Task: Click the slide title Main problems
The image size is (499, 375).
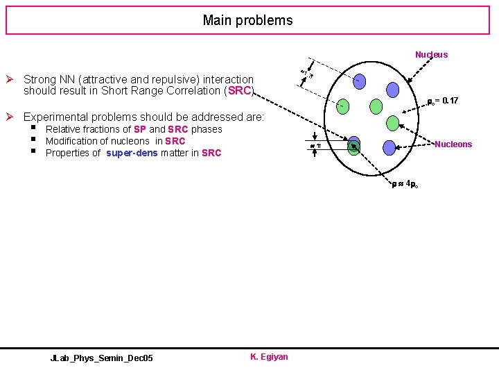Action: [x=247, y=20]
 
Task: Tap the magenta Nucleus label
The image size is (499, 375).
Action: [x=431, y=54]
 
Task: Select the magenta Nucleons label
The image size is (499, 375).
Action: [x=453, y=144]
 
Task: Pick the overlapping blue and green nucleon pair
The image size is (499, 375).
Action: [x=353, y=146]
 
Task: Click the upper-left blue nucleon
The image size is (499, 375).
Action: [x=359, y=81]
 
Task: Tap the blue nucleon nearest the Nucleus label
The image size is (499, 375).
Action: [x=392, y=90]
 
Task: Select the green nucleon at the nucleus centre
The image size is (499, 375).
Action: [x=376, y=106]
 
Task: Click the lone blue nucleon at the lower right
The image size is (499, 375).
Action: [x=389, y=147]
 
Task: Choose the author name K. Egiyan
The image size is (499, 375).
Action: [x=269, y=357]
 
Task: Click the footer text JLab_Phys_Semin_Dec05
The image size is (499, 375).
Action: [x=102, y=358]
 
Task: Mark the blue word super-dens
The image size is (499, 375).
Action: [x=132, y=153]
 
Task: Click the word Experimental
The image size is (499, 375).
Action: [x=55, y=117]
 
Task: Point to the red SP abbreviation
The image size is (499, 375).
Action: [x=139, y=129]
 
